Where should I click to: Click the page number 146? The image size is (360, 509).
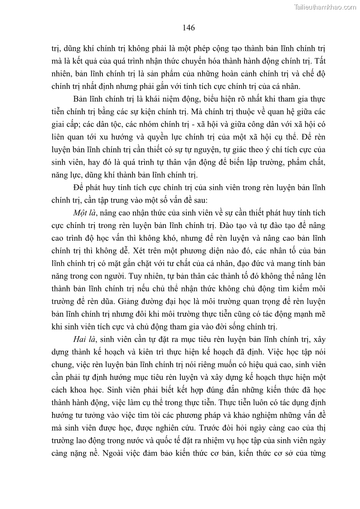tap(189, 28)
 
